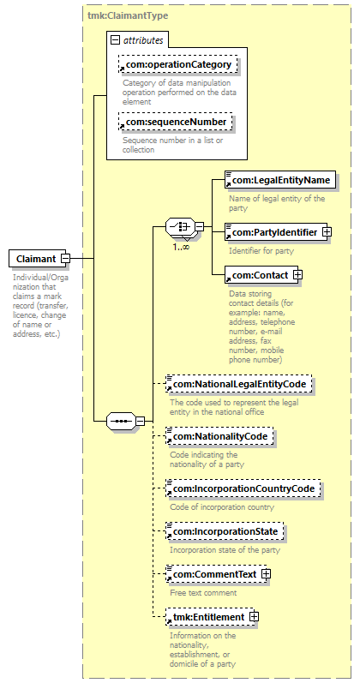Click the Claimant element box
37,259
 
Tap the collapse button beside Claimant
65,259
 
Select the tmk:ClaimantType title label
128,15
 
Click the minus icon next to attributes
115,40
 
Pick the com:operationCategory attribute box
177,64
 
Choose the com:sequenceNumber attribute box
175,122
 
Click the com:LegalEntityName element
280,179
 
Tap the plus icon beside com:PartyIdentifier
327,232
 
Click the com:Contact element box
261,275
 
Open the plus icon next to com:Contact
298,275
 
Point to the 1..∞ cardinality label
181,247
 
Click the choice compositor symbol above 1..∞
181,227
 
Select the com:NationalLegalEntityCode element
239,384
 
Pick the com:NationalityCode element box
219,436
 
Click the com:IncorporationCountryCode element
243,488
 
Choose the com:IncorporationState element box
225,531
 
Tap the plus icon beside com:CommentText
266,574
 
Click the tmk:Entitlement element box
209,617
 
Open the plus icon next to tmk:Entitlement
254,617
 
